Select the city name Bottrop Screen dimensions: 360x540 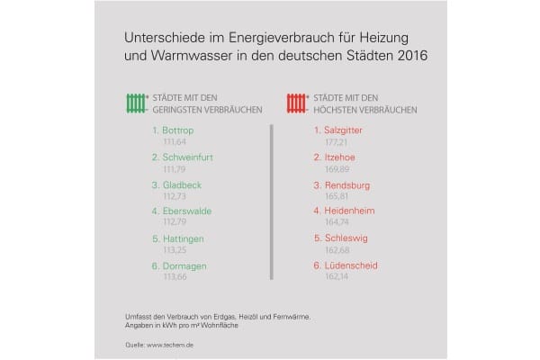pyautogui.click(x=180, y=131)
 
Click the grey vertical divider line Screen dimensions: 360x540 pyautogui.click(x=271, y=202)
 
